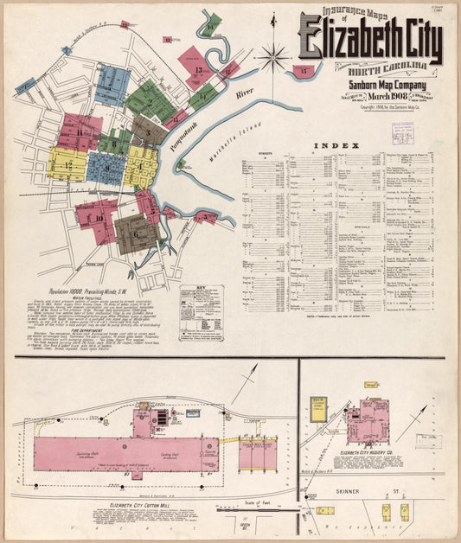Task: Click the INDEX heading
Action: coord(332,145)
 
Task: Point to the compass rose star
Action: coord(273,59)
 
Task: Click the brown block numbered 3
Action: coord(148,130)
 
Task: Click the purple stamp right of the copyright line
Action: coord(402,132)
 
